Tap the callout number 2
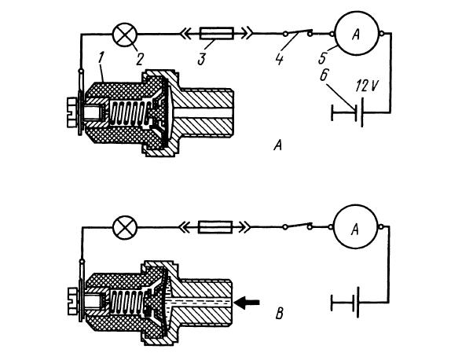(139, 60)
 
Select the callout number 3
(202, 59)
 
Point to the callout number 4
(279, 60)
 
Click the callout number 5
(322, 59)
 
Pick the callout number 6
(324, 76)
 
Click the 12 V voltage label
(366, 86)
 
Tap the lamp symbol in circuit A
(125, 35)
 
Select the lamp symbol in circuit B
(125, 227)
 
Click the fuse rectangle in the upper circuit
(217, 34)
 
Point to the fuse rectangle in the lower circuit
(215, 227)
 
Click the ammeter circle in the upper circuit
(357, 34)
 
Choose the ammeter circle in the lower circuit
(355, 226)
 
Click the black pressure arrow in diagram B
(247, 303)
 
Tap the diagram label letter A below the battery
(277, 145)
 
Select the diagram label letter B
(280, 314)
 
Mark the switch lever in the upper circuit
(298, 32)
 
